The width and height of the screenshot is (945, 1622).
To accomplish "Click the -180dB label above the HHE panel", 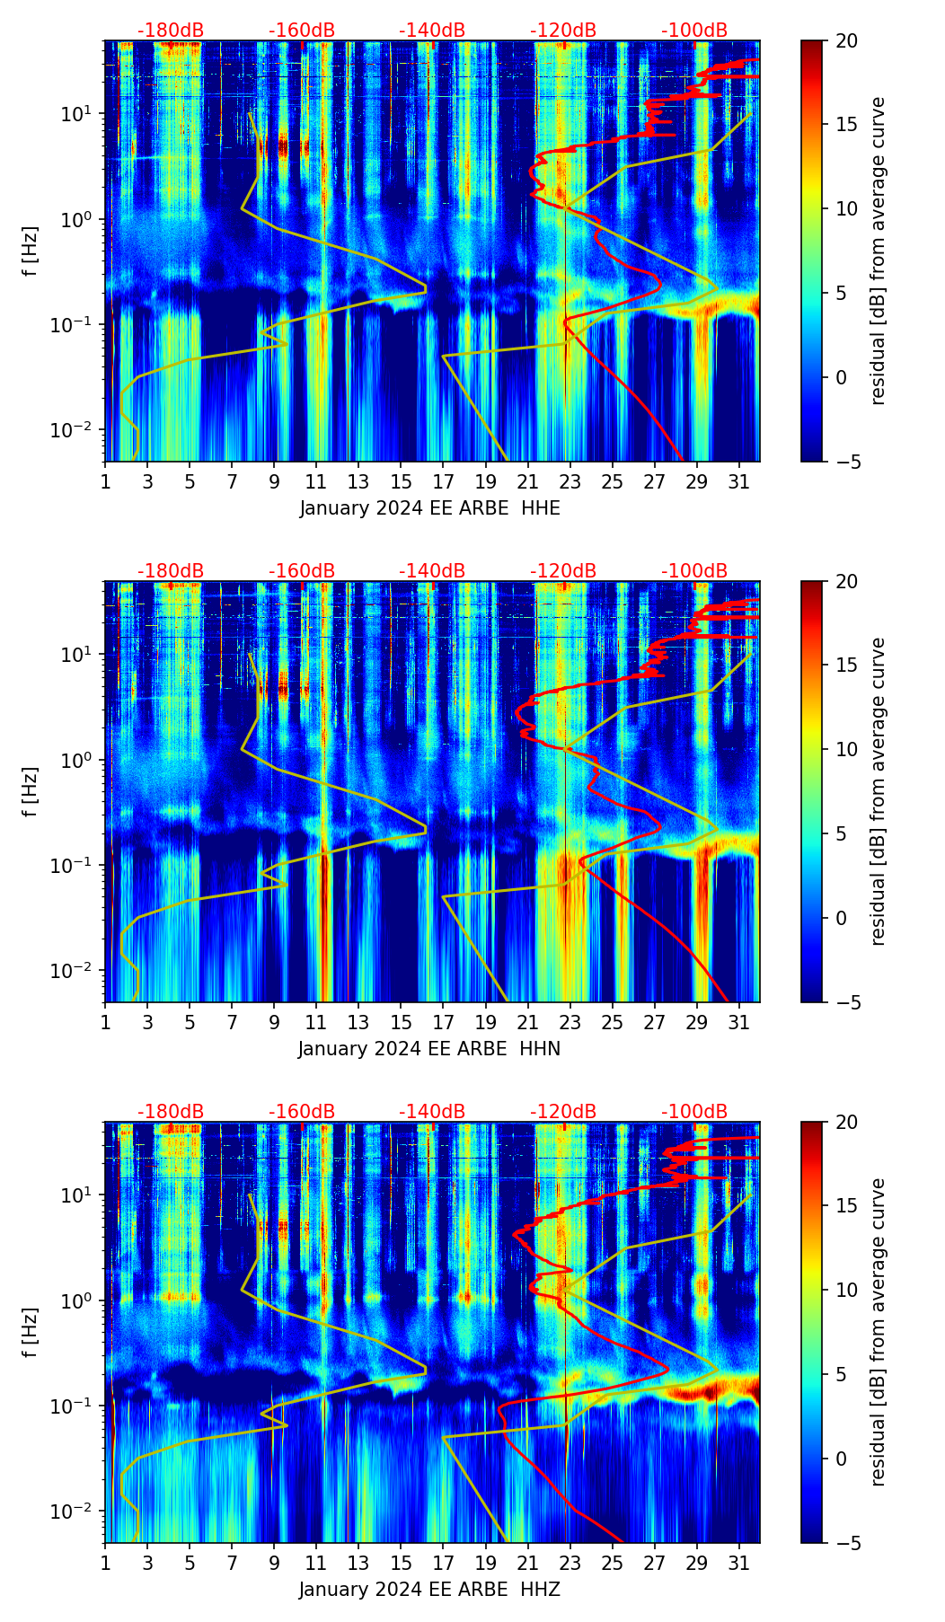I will coord(171,31).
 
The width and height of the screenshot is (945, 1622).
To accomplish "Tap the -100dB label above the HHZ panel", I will coord(694,1112).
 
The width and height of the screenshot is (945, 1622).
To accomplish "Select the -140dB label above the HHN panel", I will coord(432,571).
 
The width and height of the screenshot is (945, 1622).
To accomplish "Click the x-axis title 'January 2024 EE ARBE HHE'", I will coord(429,508).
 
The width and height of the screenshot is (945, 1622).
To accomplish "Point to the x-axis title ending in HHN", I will coord(429,1049).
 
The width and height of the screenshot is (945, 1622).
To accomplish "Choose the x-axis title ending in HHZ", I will coord(429,1590).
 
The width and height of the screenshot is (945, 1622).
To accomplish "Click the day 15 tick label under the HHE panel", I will coord(401,481).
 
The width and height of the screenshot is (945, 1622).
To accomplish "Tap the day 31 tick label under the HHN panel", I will coord(739,1022).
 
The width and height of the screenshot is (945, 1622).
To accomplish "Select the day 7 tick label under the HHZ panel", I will coord(232,1563).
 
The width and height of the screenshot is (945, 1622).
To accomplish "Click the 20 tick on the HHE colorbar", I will coord(846,40).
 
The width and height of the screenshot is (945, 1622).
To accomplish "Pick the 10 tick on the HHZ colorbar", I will coord(846,1291).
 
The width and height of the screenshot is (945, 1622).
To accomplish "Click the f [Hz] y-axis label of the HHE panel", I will coord(31,251).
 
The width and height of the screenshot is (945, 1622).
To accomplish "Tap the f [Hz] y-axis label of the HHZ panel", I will coord(31,1333).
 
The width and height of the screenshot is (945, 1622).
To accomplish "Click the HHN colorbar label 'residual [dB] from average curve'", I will coord(879,791).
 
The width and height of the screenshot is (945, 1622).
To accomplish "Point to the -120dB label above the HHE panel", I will coord(563,31).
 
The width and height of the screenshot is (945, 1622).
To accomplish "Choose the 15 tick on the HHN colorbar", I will coord(846,665).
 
